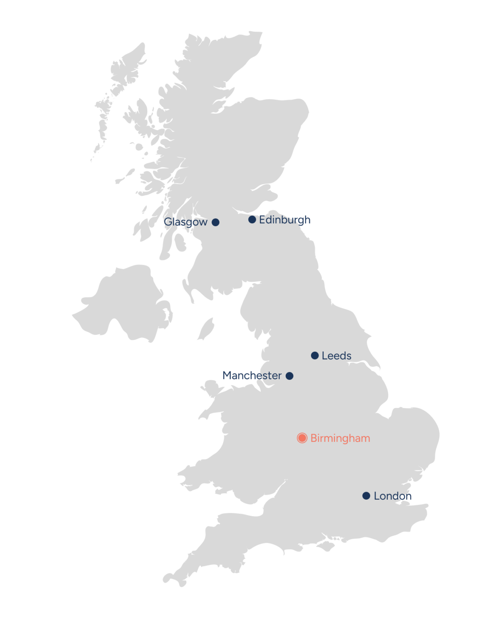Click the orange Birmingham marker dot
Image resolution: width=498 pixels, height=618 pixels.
(x=302, y=438)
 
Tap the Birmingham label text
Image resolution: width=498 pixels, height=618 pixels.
(x=340, y=438)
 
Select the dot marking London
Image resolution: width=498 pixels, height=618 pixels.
(x=366, y=496)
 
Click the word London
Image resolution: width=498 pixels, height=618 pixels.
(x=393, y=496)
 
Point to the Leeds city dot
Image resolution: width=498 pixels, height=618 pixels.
(x=315, y=355)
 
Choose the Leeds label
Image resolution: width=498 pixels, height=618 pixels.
(x=337, y=356)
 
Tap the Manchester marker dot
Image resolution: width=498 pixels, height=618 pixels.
(x=290, y=376)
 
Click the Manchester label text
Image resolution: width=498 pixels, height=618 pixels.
(x=252, y=376)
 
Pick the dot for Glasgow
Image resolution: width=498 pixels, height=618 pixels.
(x=216, y=222)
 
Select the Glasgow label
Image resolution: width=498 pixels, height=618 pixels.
(x=186, y=222)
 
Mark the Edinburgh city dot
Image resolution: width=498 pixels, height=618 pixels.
(x=252, y=220)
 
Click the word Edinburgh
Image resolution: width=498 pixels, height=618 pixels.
(x=285, y=220)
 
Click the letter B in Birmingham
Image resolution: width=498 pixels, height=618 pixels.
(x=314, y=438)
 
